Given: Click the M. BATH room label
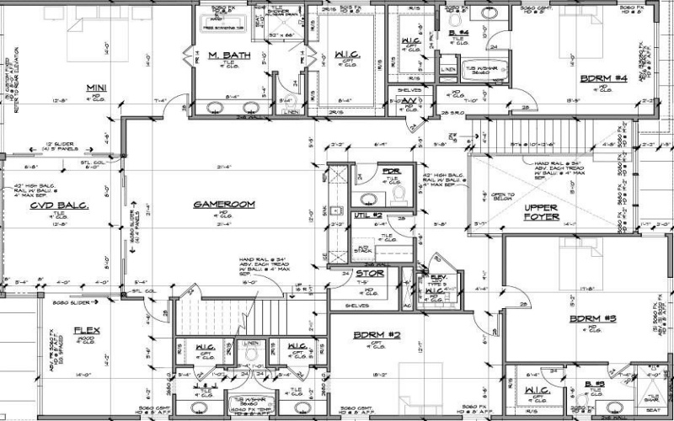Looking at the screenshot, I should click(225, 56).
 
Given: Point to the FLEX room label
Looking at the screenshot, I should click(87, 329).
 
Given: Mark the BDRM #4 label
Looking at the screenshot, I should click(604, 78).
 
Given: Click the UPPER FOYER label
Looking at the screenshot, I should click(542, 211).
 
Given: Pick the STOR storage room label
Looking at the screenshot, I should click(370, 274).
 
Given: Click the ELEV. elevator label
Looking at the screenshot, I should click(437, 277).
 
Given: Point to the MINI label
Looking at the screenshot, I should click(95, 88).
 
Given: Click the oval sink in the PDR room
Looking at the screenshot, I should click(368, 198).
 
